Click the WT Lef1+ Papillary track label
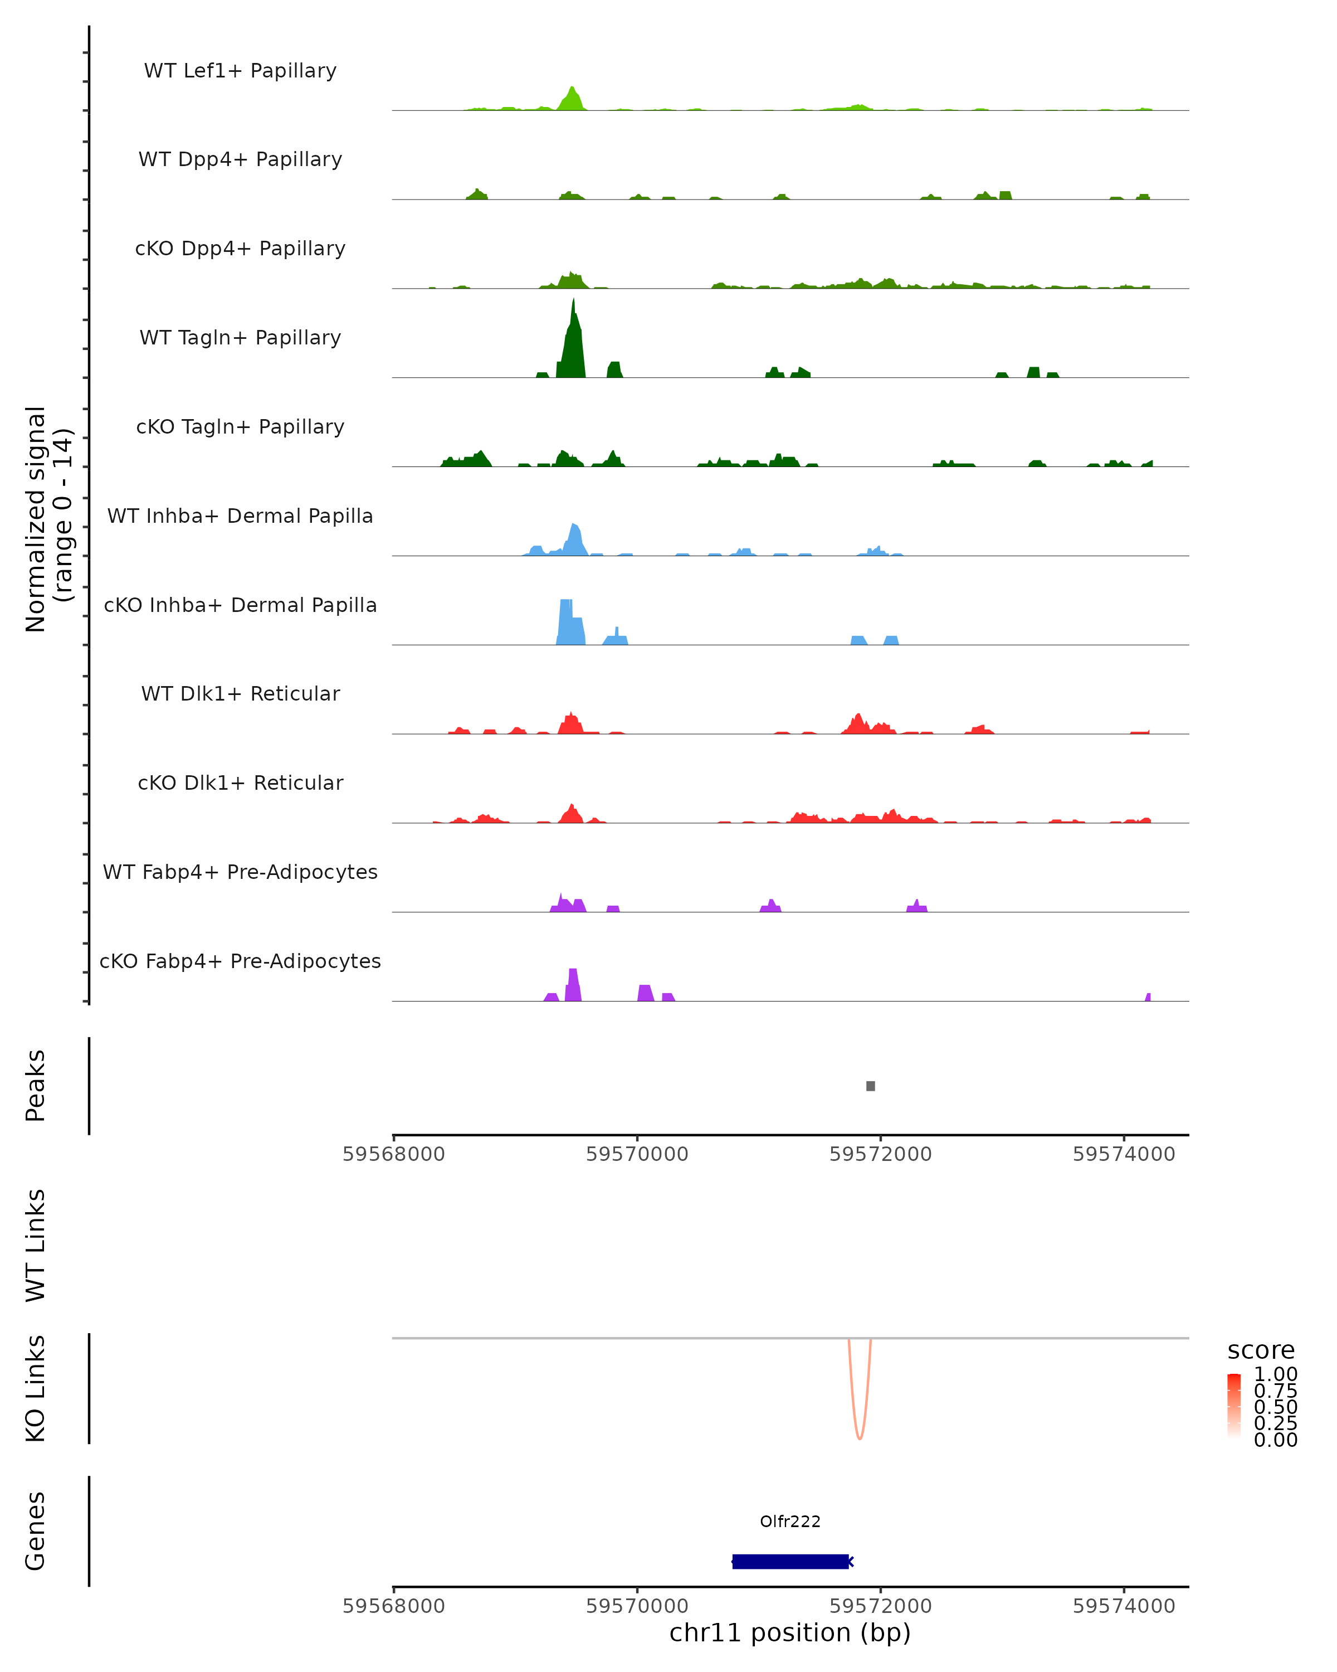tap(240, 71)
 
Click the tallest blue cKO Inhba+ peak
tap(568, 620)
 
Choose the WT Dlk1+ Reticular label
tap(240, 693)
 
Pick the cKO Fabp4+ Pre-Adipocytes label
tap(240, 961)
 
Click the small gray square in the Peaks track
tap(870, 1086)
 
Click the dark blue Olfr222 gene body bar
tap(790, 1561)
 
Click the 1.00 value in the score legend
tap(1275, 1373)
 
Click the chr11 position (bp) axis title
tap(790, 1632)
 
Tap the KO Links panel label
tap(36, 1388)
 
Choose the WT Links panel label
tap(36, 1245)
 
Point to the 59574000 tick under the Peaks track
tap(1124, 1154)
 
